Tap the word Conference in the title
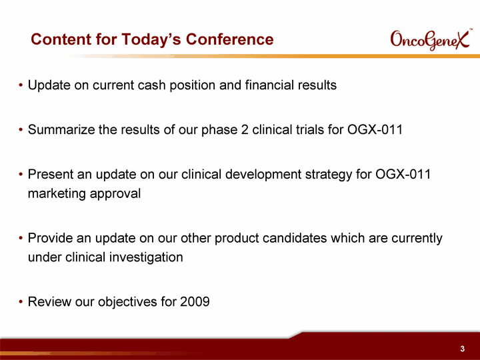pyautogui.click(x=229, y=39)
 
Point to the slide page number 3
pyautogui.click(x=462, y=349)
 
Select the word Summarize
pyautogui.click(x=61, y=129)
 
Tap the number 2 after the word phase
pyautogui.click(x=245, y=129)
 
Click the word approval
pyautogui.click(x=115, y=194)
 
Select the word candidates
pyautogui.click(x=295, y=238)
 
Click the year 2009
pyautogui.click(x=195, y=301)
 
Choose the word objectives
pyautogui.click(x=127, y=302)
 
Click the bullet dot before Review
pyautogui.click(x=21, y=302)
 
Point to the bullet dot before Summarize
pyautogui.click(x=21, y=130)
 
